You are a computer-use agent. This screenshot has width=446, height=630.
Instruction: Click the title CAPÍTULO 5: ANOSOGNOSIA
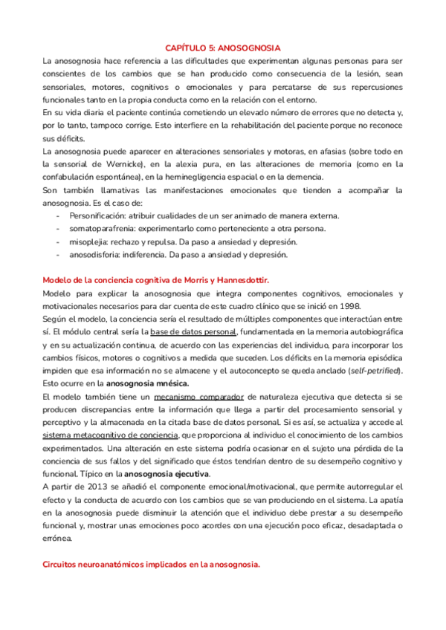click(x=222, y=46)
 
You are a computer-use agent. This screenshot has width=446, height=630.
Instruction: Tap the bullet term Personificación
click(x=99, y=215)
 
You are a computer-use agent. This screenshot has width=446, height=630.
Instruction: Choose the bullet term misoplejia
click(x=88, y=242)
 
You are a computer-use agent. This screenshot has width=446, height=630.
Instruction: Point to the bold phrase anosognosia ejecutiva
click(x=167, y=474)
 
